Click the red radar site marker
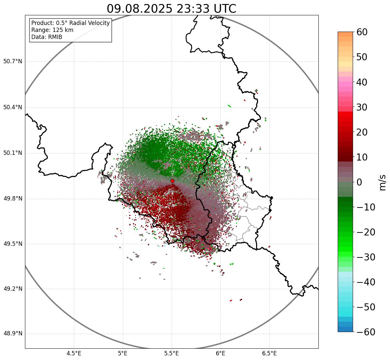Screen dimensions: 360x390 tap(172, 181)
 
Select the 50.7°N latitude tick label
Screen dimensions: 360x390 tap(13, 62)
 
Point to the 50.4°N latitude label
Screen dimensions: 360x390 tap(13, 108)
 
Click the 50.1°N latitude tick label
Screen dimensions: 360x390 tap(13, 153)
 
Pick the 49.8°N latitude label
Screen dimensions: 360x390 tap(13, 199)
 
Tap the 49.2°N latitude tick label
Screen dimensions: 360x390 tap(13, 289)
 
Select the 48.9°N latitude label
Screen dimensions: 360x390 tap(13, 334)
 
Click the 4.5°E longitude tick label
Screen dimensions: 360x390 tap(74, 353)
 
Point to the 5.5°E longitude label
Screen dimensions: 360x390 tap(172, 353)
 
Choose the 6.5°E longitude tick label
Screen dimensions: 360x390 tap(269, 353)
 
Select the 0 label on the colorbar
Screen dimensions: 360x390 tap(359, 182)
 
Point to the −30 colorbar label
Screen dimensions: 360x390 tap(366, 257)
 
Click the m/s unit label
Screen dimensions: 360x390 tap(382, 182)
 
